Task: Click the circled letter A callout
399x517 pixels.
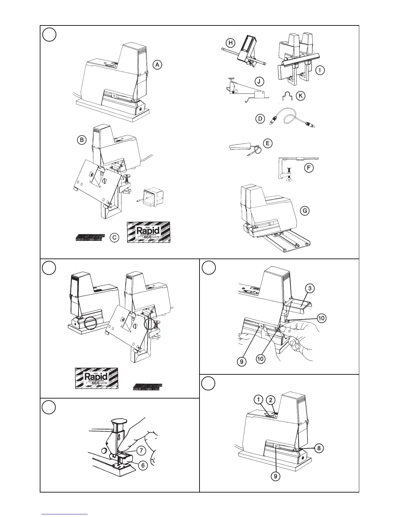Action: tap(157, 65)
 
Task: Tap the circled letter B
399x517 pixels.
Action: tap(81, 140)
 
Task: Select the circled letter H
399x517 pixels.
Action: tap(230, 43)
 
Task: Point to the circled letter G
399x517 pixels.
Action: tap(305, 211)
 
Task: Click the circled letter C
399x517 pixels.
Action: tap(114, 238)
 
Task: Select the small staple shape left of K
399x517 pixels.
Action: tap(287, 96)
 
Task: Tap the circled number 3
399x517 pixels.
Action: tap(310, 288)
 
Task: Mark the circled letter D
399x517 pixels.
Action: tap(260, 119)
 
